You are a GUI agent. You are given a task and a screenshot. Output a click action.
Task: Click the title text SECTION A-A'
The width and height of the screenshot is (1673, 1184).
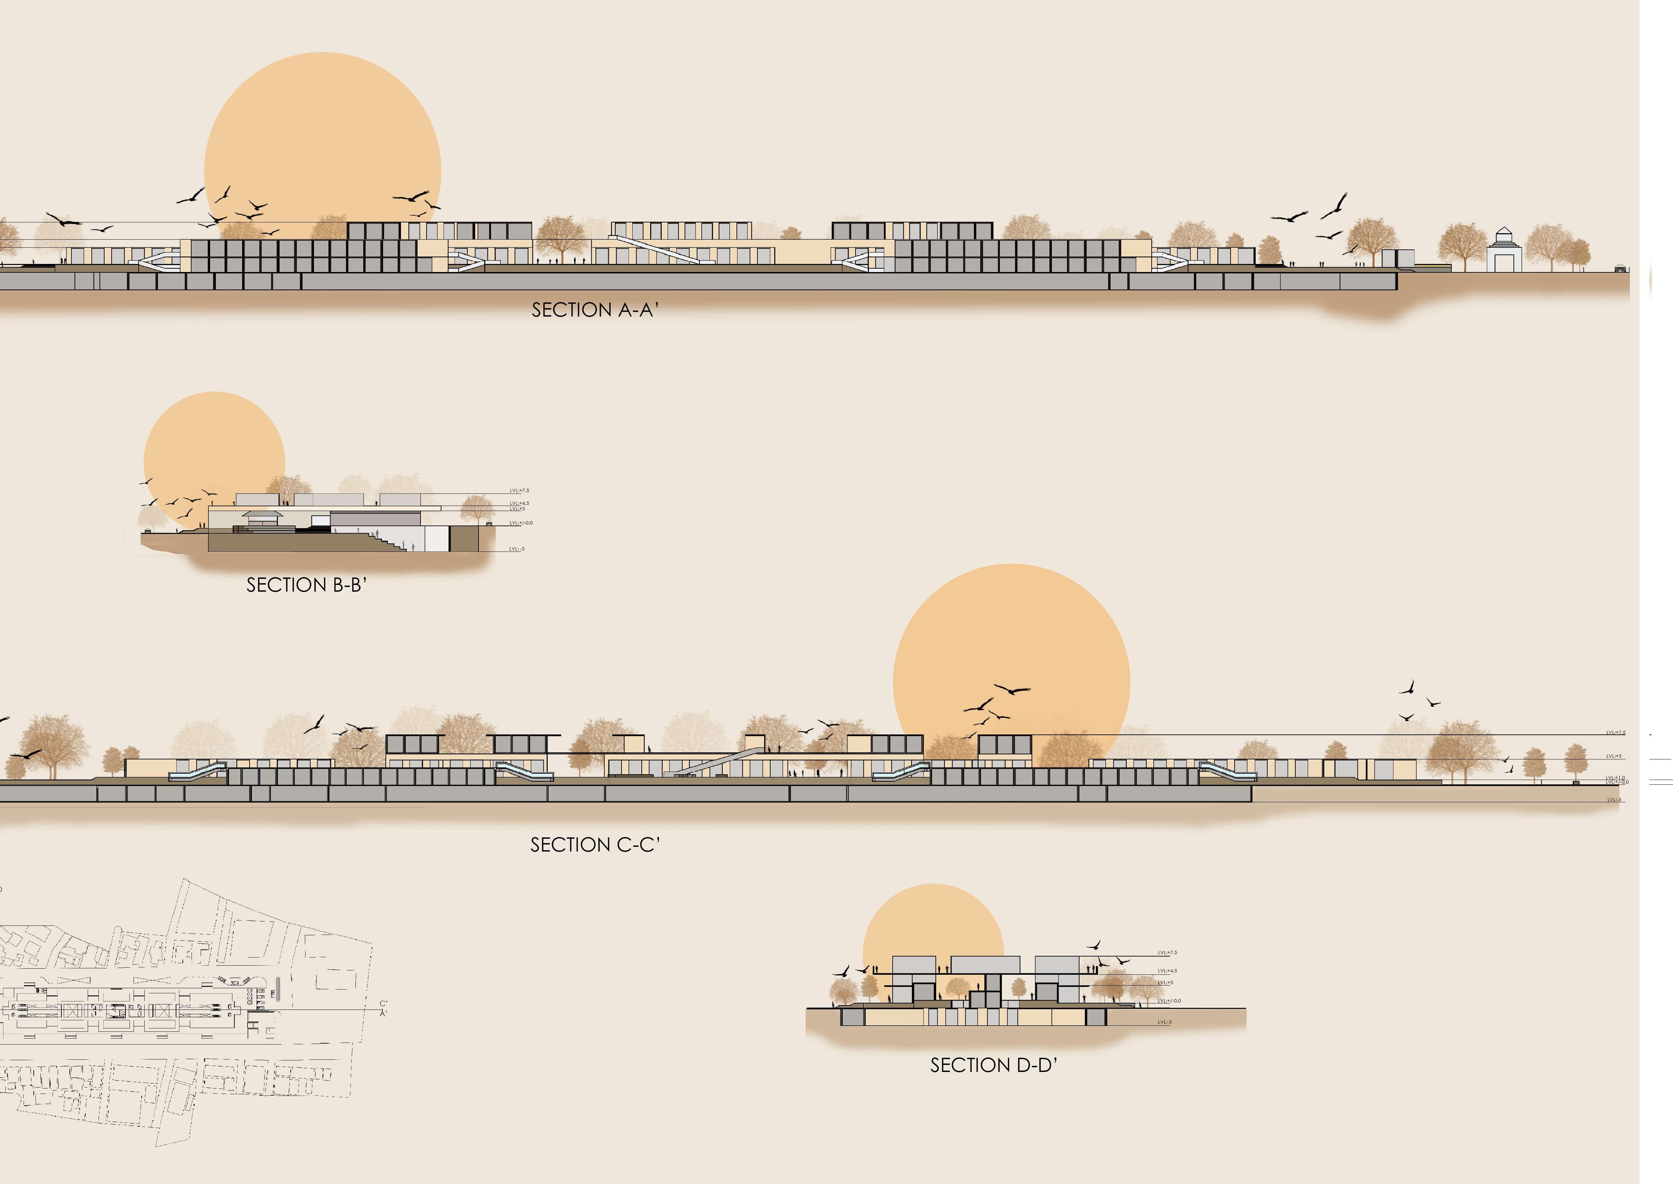tap(595, 310)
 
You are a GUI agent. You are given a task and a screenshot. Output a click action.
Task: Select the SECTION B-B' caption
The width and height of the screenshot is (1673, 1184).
tap(306, 585)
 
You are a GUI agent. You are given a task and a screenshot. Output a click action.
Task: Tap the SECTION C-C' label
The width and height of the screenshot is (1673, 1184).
tap(595, 845)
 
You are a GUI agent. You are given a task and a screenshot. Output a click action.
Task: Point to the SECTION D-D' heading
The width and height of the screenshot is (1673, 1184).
tap(993, 1065)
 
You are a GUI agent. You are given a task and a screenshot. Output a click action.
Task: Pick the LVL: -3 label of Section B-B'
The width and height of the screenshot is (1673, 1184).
tap(517, 549)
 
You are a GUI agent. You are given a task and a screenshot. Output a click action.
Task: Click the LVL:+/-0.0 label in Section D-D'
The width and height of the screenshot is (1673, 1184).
tap(1169, 1001)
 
